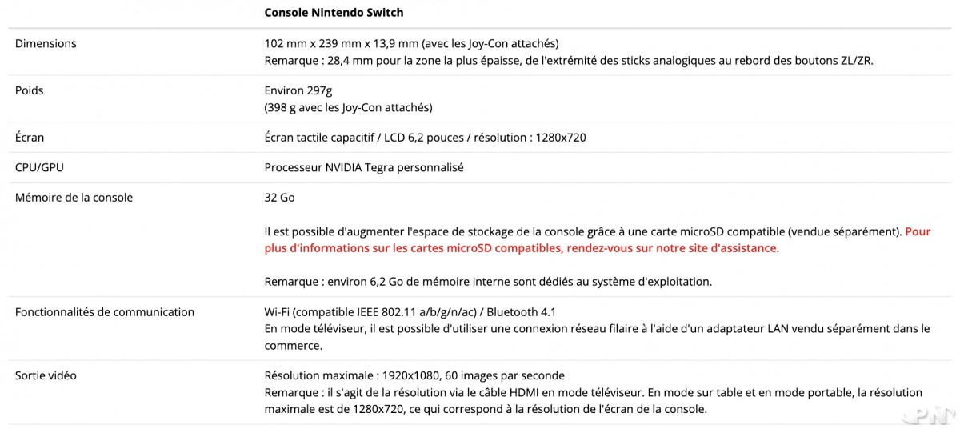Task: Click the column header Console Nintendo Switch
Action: click(334, 13)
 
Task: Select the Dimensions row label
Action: click(46, 43)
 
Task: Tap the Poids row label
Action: click(29, 90)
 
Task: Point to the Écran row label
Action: click(30, 138)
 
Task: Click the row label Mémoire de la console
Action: click(74, 197)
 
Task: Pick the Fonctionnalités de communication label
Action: click(104, 311)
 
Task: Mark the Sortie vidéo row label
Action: click(46, 375)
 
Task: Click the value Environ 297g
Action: click(298, 90)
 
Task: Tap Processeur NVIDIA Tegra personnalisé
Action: click(364, 167)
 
